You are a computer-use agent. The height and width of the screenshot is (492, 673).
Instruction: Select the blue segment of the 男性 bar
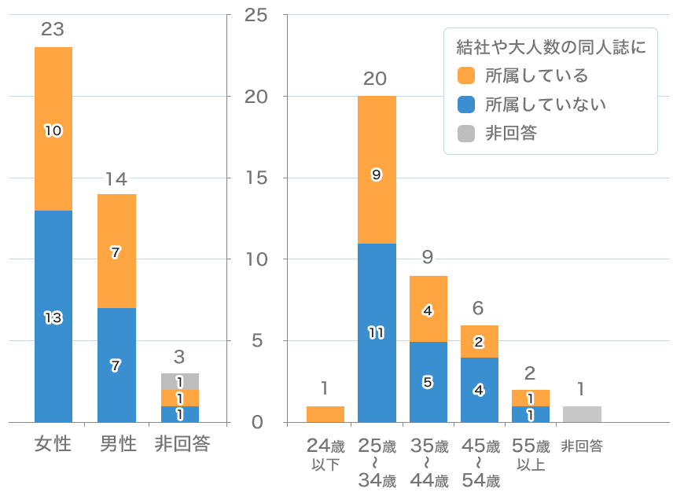point(116,365)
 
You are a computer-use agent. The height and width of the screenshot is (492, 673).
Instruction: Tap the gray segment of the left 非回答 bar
point(179,381)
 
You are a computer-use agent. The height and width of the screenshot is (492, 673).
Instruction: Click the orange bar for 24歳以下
point(325,414)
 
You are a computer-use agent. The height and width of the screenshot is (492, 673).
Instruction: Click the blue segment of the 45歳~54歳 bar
point(479,390)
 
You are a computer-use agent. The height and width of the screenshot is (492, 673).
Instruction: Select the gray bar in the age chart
point(582,414)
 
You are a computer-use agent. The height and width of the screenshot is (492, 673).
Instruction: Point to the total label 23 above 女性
point(53,30)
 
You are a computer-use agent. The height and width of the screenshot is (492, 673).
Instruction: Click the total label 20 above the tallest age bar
point(376,79)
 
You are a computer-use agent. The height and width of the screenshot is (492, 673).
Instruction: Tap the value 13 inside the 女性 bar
point(53,318)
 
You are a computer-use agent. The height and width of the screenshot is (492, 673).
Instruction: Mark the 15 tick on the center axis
point(256,178)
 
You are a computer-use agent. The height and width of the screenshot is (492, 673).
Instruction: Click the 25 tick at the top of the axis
point(256,15)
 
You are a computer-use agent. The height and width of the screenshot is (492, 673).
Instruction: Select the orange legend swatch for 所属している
point(466,75)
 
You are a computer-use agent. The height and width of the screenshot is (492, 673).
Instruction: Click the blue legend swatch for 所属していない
point(466,105)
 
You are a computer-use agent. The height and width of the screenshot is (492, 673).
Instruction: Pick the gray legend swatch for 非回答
point(466,133)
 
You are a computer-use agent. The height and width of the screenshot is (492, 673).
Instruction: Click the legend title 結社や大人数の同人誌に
point(550,47)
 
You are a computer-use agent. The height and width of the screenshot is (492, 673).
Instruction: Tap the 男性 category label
point(116,444)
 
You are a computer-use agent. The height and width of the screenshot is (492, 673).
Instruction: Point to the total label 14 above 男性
point(116,178)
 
